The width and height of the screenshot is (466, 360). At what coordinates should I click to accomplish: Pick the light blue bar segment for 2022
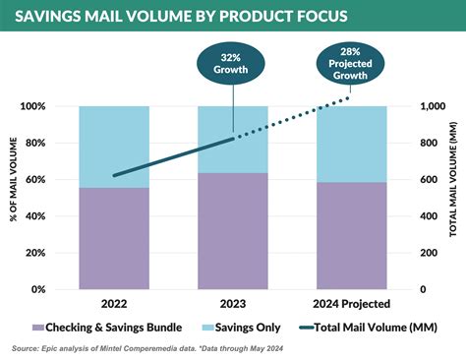(x=115, y=147)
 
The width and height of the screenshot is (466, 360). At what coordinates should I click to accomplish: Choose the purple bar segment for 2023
(x=232, y=231)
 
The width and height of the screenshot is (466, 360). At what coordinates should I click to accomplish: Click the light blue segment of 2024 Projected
(x=352, y=144)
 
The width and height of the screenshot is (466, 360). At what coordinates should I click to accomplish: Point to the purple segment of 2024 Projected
(x=352, y=235)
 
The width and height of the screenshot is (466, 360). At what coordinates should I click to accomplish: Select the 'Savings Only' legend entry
(x=239, y=326)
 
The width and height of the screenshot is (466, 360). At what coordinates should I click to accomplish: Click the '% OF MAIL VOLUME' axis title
(x=15, y=198)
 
